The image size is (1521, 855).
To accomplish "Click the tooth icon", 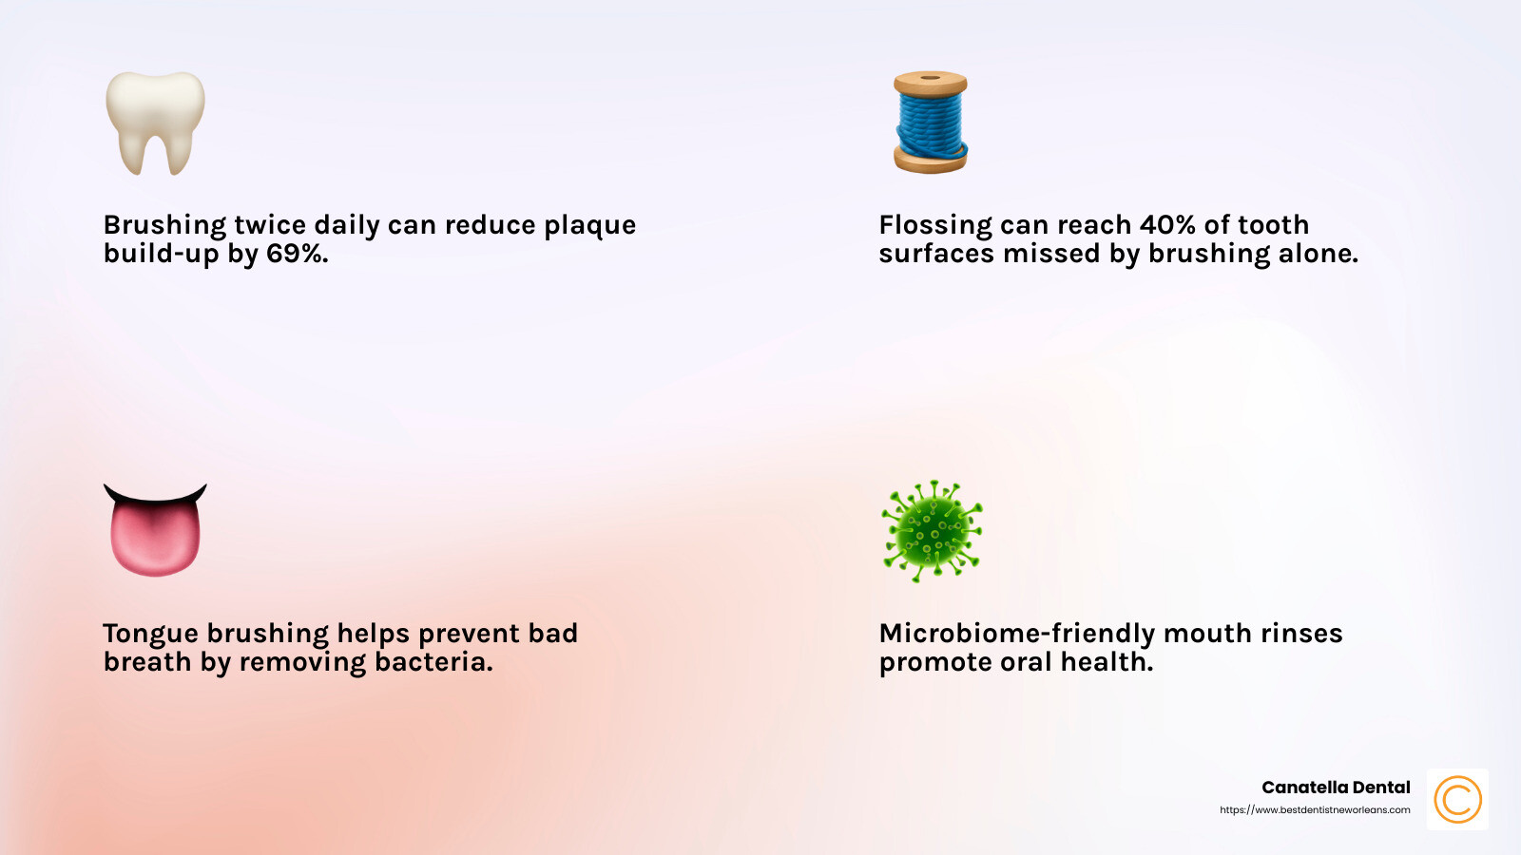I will click(x=155, y=122).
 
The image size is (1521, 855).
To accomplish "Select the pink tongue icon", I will click(x=155, y=532).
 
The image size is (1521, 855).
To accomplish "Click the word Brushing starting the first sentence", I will click(x=164, y=225).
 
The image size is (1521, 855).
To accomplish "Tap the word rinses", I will click(x=1301, y=634).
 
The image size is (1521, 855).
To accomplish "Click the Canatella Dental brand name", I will click(x=1336, y=788).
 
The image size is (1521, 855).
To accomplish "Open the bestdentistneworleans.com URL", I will click(x=1315, y=810).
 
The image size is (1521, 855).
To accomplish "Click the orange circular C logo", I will click(x=1457, y=799).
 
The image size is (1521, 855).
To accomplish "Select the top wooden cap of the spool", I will click(x=931, y=83).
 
